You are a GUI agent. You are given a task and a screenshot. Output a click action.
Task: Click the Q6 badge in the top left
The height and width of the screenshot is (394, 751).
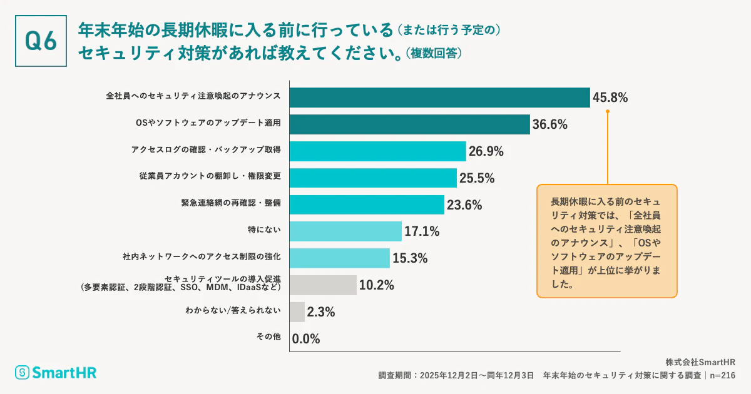pyautogui.click(x=41, y=41)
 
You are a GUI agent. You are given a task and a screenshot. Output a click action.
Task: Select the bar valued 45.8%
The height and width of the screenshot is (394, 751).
pyautogui.click(x=439, y=97)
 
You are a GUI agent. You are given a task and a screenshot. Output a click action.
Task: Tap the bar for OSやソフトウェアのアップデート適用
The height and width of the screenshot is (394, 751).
pyautogui.click(x=409, y=124)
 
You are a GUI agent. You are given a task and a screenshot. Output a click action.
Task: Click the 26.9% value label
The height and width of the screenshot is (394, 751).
pyautogui.click(x=486, y=151)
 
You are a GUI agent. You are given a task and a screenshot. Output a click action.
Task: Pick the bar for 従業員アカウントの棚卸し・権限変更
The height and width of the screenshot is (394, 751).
pyautogui.click(x=373, y=178)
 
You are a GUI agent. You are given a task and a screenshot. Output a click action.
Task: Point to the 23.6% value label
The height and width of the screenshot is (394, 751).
pyautogui.click(x=465, y=205)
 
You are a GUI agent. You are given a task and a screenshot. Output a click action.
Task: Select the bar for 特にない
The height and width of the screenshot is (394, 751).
pyautogui.click(x=345, y=231)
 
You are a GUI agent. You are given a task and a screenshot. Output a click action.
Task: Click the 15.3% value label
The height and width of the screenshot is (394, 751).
pyautogui.click(x=410, y=258)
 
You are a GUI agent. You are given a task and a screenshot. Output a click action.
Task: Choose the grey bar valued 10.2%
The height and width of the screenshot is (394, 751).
pyautogui.click(x=323, y=285)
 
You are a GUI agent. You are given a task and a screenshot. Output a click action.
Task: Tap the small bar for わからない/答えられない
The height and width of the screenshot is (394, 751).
pyautogui.click(x=297, y=311)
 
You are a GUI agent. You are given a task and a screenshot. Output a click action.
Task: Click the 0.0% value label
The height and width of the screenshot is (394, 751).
pyautogui.click(x=307, y=339)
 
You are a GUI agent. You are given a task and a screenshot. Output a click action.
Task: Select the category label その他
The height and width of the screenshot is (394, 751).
pyautogui.click(x=268, y=336)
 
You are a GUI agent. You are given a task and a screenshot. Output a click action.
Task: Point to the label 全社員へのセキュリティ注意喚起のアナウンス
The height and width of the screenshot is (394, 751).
pyautogui.click(x=193, y=96)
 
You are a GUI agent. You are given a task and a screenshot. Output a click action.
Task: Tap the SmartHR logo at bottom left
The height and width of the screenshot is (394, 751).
pyautogui.click(x=56, y=373)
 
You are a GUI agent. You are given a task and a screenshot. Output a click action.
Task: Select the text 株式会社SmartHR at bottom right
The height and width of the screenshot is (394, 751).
pyautogui.click(x=700, y=362)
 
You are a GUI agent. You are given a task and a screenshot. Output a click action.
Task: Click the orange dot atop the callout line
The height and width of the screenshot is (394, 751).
pyautogui.click(x=607, y=113)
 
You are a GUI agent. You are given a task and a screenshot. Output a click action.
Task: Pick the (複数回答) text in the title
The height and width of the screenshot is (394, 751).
pyautogui.click(x=434, y=54)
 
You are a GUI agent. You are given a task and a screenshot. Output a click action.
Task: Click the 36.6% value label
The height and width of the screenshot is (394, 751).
pyautogui.click(x=550, y=124)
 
